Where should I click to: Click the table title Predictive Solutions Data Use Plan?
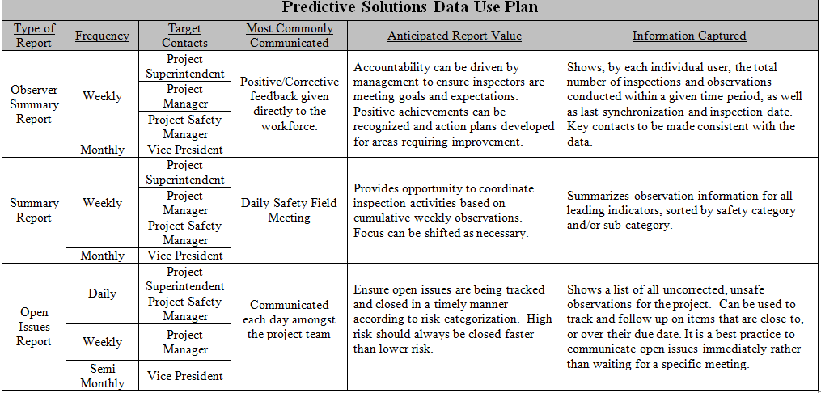(410, 9)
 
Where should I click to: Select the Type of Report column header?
(35, 36)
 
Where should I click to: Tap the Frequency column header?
(102, 36)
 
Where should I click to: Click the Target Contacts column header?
(184, 36)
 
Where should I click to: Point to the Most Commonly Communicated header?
(289, 36)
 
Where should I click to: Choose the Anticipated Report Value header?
(454, 36)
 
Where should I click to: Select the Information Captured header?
(688, 36)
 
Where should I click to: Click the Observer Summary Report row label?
(35, 104)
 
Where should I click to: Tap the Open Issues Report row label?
(35, 327)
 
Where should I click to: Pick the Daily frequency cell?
(102, 294)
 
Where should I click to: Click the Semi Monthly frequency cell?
(102, 376)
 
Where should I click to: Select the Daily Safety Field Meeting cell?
(289, 210)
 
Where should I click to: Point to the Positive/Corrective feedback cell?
(289, 104)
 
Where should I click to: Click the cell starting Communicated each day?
(289, 319)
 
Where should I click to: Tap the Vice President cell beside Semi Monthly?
(184, 376)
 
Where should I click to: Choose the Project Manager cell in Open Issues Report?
(184, 342)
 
